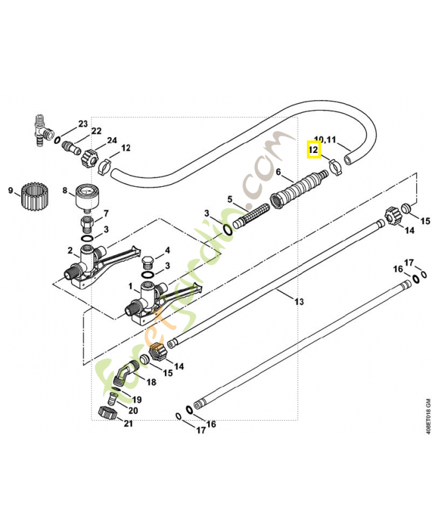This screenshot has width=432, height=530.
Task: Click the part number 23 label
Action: [x=83, y=124]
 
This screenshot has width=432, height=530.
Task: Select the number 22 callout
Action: [x=96, y=131]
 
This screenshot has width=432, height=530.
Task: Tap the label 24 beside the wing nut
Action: [x=111, y=140]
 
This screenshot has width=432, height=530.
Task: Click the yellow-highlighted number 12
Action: [x=314, y=151]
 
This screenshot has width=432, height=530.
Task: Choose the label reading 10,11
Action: [x=325, y=140]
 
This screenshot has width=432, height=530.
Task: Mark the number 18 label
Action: [x=152, y=382]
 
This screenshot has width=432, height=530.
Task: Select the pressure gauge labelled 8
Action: [x=87, y=197]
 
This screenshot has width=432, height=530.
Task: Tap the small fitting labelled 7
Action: [x=87, y=220]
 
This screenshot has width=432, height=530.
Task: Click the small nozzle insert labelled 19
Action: [x=113, y=399]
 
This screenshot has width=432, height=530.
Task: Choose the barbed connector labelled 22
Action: [x=70, y=145]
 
